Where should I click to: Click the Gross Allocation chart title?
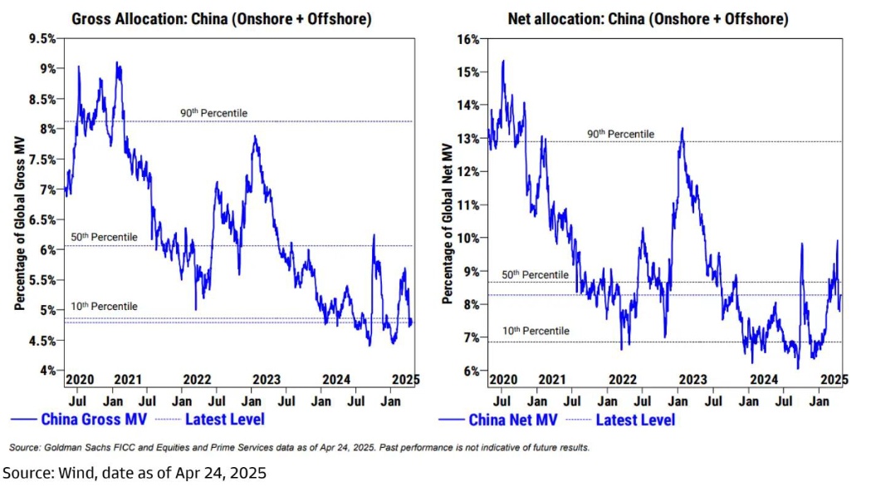point(222,17)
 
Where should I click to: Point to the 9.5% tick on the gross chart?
point(42,39)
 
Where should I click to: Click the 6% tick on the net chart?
point(472,371)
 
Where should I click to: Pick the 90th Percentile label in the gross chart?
point(214,113)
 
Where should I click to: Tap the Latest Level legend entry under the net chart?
point(635,420)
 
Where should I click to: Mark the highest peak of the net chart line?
point(503,61)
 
